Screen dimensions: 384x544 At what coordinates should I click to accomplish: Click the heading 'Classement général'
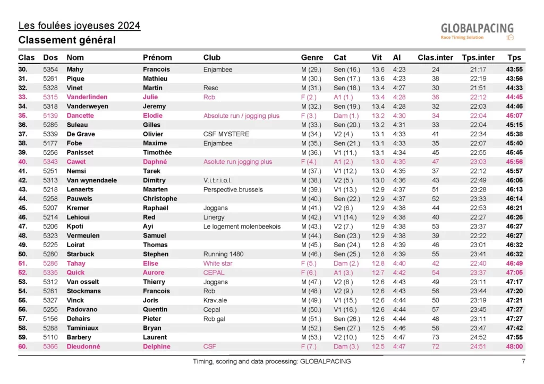67,40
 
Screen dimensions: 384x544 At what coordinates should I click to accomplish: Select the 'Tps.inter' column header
478,57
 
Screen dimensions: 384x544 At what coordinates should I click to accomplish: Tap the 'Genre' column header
312,57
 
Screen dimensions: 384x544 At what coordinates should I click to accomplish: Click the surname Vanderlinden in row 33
87,97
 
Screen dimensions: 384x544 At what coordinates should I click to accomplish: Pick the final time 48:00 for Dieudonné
514,347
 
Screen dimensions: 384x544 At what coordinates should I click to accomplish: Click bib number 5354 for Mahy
50,69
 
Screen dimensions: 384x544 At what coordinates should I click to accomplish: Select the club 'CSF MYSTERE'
226,134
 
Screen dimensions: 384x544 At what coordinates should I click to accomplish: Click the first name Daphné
155,162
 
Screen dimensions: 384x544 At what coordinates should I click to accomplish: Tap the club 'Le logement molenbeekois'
242,226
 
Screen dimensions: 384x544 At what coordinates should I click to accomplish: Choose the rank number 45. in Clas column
23,208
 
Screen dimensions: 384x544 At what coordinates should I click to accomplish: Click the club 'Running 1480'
223,254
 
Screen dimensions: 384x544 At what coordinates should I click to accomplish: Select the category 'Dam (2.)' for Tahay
346,264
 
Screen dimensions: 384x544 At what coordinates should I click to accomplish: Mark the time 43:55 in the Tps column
514,69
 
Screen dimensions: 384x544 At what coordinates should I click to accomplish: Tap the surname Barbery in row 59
79,337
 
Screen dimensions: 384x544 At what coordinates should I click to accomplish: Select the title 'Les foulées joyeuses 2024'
79,25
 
